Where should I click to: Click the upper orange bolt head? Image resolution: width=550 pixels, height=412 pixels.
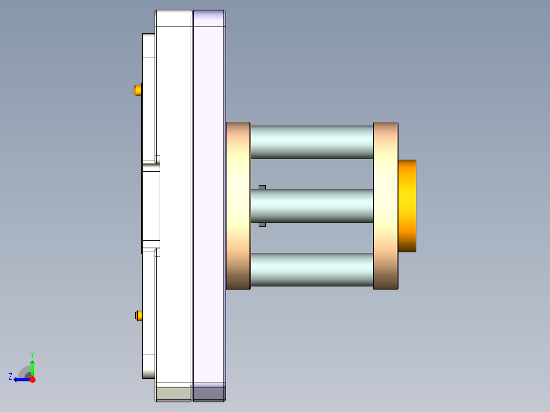(137, 90)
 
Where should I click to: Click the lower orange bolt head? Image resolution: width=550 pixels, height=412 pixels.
(138, 315)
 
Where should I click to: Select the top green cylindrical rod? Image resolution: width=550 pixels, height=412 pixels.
(312, 142)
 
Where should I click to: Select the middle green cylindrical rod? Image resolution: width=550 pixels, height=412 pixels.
(312, 205)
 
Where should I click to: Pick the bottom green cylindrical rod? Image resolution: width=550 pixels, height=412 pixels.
(312, 269)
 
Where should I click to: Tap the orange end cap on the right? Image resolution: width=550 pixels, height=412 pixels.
(407, 205)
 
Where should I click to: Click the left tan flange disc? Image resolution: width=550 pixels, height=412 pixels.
(238, 205)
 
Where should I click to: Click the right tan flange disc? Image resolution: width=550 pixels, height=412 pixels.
(385, 205)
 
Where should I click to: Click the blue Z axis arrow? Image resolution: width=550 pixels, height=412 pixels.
(20, 379)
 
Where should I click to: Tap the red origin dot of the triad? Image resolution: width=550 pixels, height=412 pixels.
(32, 379)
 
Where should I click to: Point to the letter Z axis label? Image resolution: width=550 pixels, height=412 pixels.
(10, 376)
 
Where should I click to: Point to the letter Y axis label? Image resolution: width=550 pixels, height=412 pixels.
(32, 354)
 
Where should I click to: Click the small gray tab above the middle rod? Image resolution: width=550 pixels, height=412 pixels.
(262, 187)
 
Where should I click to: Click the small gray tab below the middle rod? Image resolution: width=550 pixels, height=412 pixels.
(262, 224)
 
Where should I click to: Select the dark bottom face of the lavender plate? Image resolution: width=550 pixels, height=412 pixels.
(209, 394)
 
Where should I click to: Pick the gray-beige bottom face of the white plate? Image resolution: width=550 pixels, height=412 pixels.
(173, 394)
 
